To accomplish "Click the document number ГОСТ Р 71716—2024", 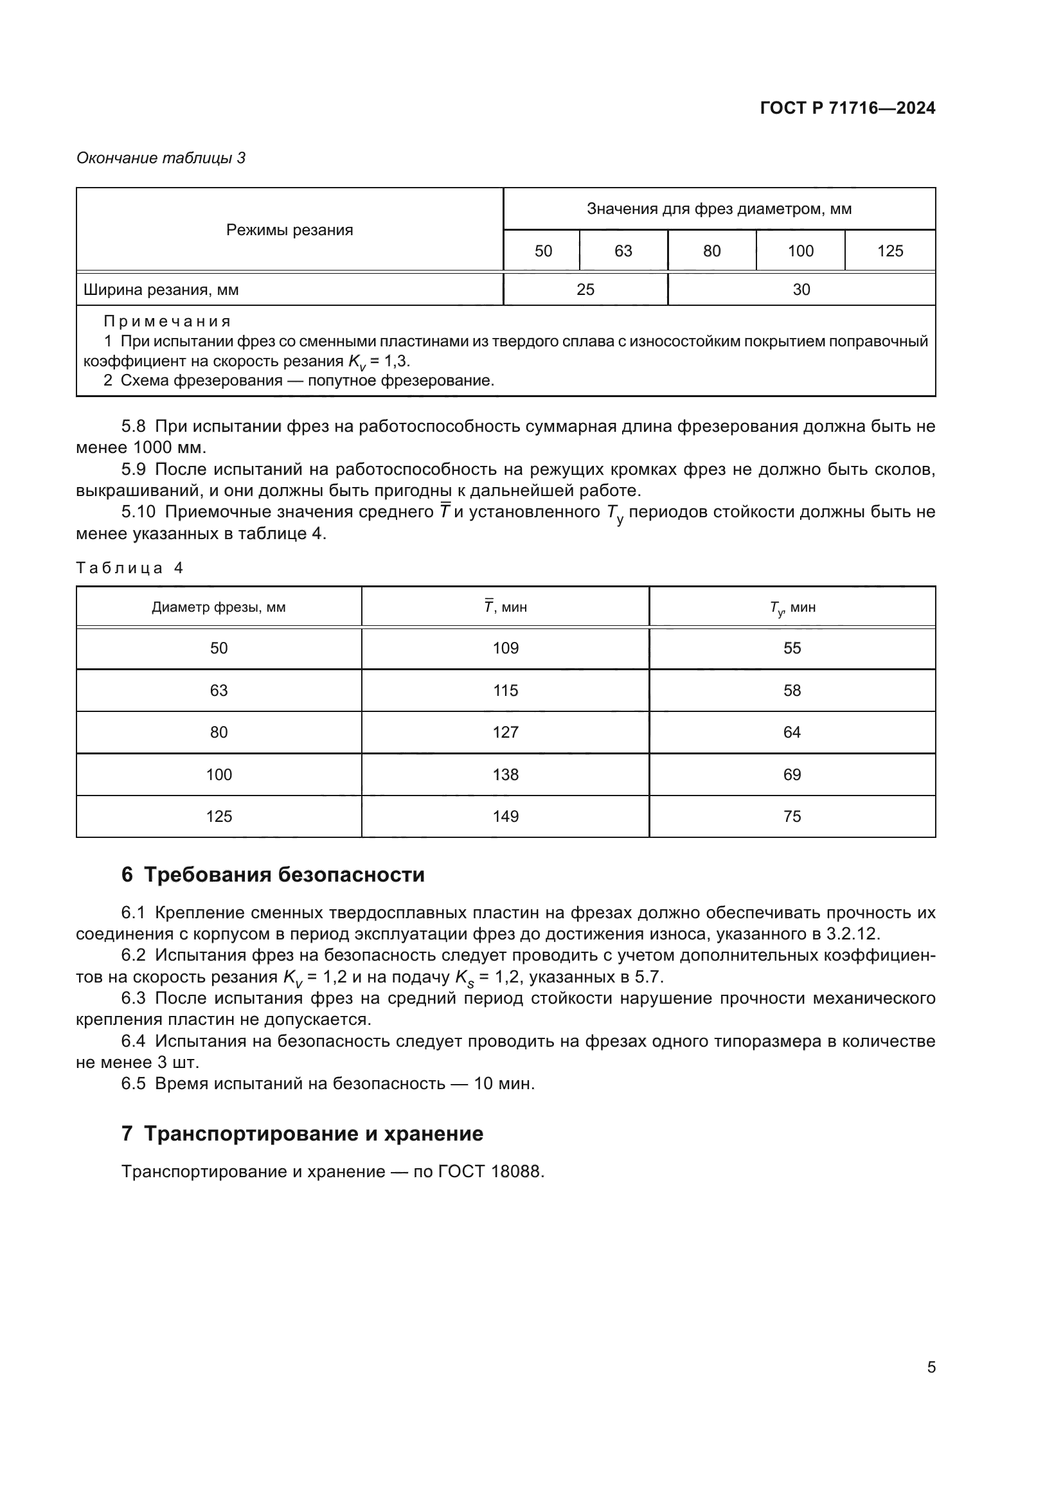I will click(847, 109).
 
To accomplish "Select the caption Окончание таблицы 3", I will click(161, 158).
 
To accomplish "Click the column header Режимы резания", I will click(289, 230).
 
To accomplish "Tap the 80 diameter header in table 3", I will click(711, 251).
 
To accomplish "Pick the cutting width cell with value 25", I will click(585, 289).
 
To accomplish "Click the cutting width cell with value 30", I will click(801, 289).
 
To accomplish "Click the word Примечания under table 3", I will click(168, 321).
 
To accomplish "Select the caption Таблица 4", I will click(130, 567).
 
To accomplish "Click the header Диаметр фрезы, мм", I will click(219, 607).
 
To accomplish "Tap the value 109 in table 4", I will click(505, 648).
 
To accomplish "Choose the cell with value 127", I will click(505, 732).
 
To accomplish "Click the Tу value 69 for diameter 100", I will click(792, 774).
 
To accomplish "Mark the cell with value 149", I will click(505, 816).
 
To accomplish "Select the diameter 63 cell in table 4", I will click(219, 690).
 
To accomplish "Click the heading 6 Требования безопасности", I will click(273, 875).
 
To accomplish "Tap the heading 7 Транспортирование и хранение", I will click(303, 1133).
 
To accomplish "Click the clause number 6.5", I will click(134, 1083).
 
